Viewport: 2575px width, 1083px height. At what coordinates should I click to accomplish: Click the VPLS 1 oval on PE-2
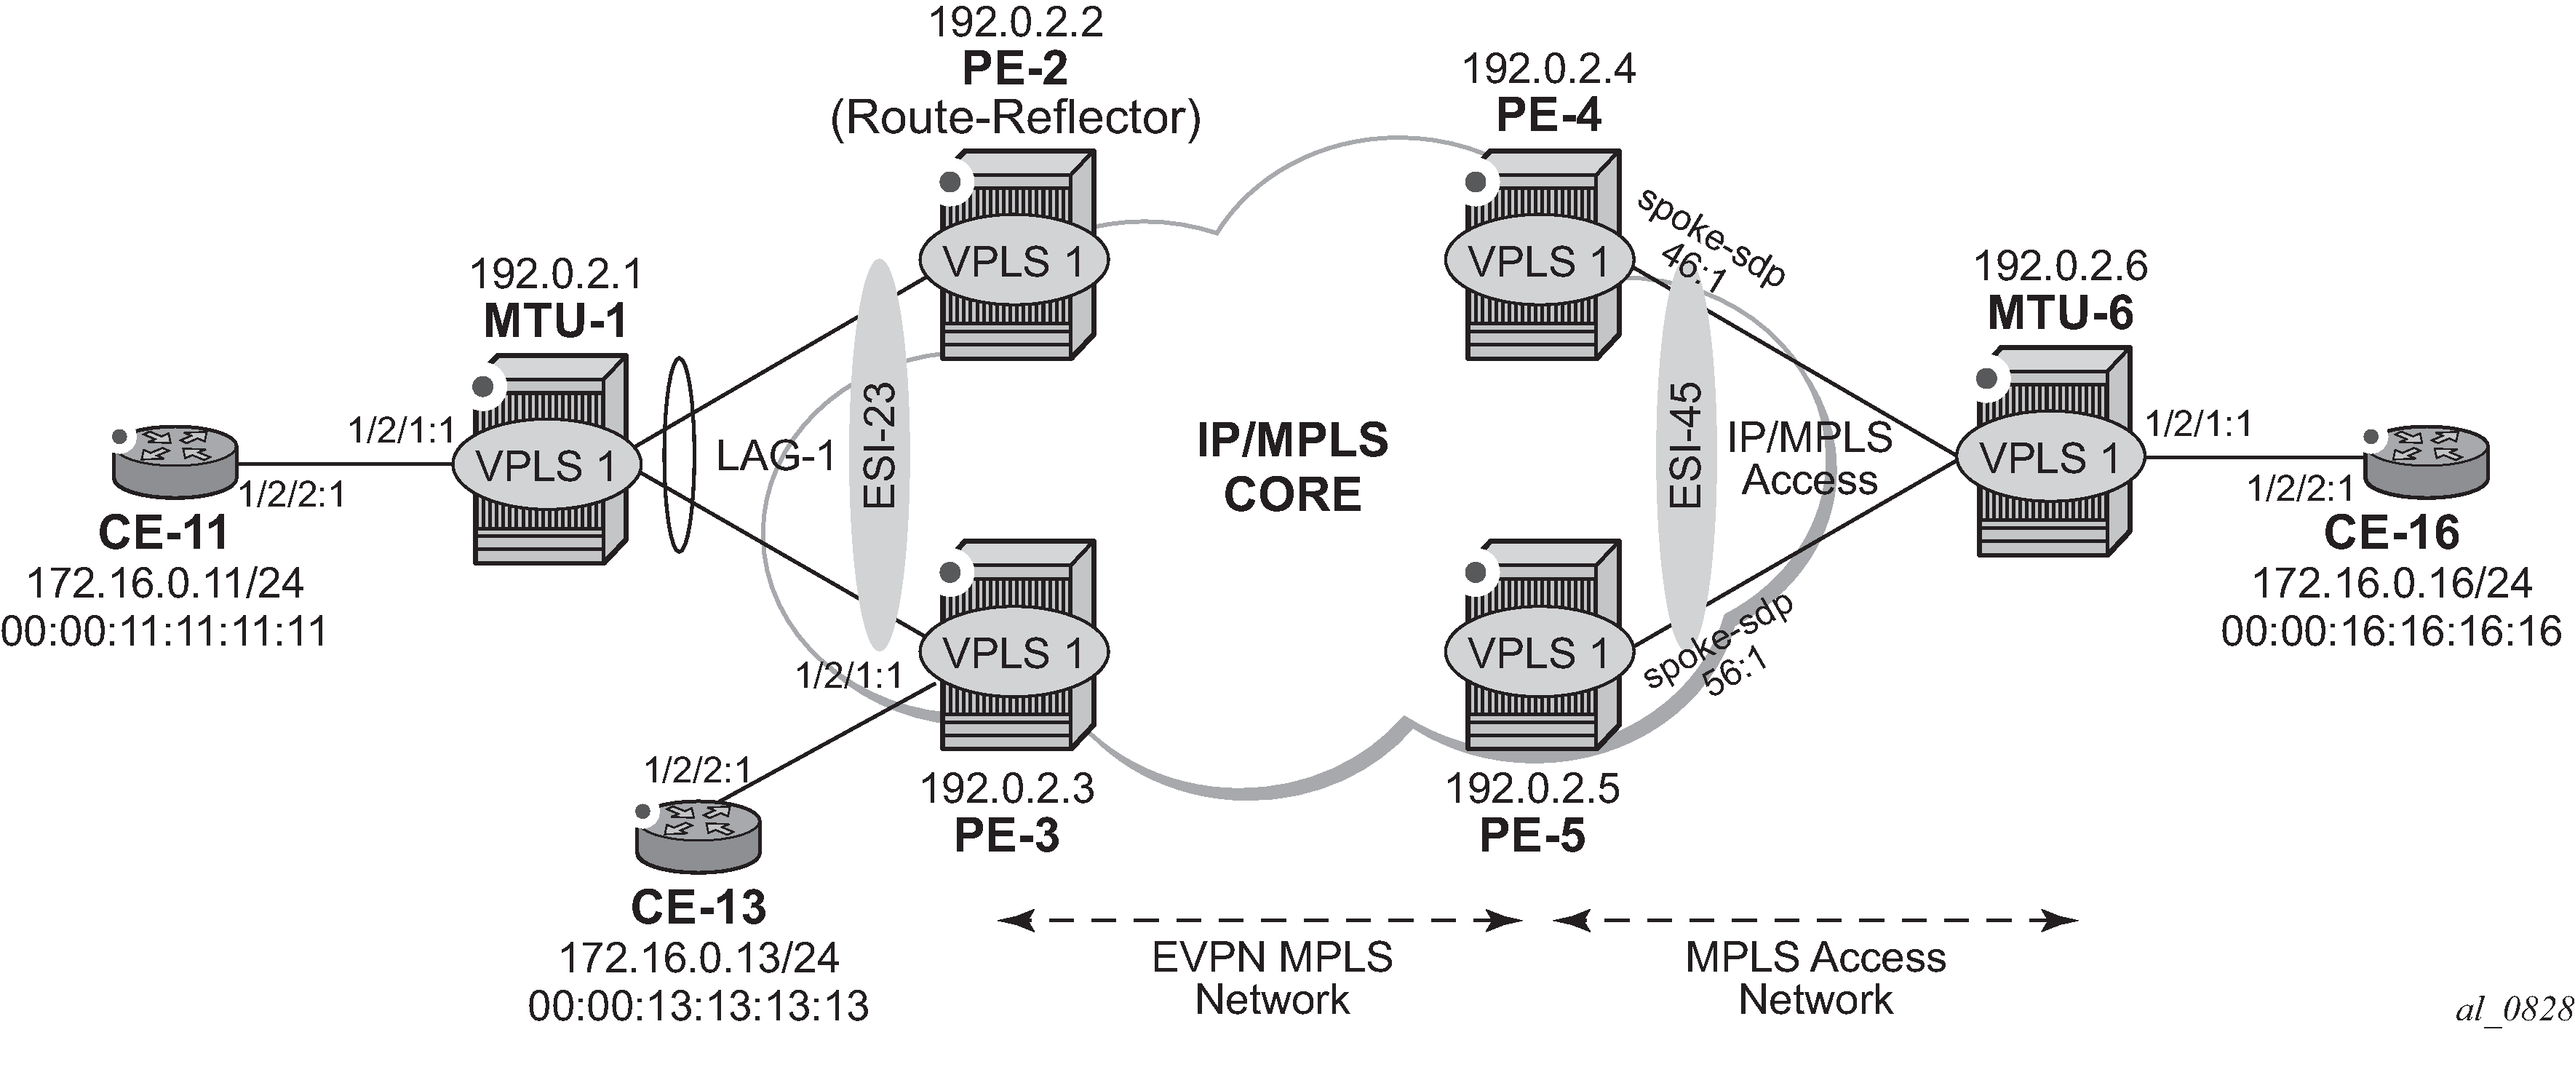point(1014,261)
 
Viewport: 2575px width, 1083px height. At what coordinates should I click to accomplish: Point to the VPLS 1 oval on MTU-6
point(2049,458)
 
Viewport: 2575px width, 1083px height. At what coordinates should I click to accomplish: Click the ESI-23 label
point(880,446)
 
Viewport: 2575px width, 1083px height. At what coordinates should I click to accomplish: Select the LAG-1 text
point(776,456)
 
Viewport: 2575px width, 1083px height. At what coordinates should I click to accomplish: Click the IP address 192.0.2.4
point(1548,69)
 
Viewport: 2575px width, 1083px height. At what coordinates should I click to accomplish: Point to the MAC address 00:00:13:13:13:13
point(699,1005)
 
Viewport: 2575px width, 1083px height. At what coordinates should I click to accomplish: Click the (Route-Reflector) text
point(1014,118)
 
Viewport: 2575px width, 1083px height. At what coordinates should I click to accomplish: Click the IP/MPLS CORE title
point(1292,467)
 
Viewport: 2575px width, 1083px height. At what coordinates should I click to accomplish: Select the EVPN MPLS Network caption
point(1272,978)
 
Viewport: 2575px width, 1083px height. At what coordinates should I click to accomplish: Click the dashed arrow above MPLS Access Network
point(1815,920)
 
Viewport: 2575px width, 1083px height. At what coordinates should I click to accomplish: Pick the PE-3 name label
point(1006,835)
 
